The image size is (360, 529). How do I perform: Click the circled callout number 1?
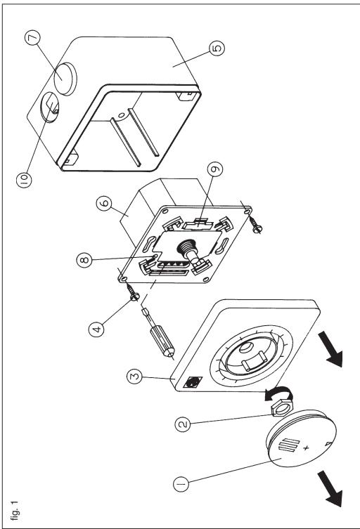(181, 484)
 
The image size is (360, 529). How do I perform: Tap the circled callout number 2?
(183, 424)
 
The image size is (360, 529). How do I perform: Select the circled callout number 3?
(134, 377)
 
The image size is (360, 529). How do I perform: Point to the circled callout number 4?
(96, 329)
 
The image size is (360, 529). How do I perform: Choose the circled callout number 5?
(217, 48)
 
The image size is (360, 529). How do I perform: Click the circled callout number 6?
(104, 204)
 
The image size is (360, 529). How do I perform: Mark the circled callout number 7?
(32, 38)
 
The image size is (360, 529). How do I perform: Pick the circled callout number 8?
(84, 260)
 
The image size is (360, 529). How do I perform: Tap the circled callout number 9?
(215, 169)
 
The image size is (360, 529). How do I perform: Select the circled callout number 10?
(25, 179)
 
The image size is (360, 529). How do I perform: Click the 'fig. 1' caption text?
(15, 510)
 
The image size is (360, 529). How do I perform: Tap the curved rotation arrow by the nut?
(278, 393)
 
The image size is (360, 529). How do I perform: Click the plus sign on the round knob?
(306, 448)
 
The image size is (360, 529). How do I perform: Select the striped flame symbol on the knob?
(289, 445)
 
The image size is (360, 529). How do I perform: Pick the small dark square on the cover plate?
(193, 382)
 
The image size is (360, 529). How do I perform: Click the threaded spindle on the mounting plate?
(189, 253)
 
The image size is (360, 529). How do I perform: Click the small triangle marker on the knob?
(328, 444)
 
